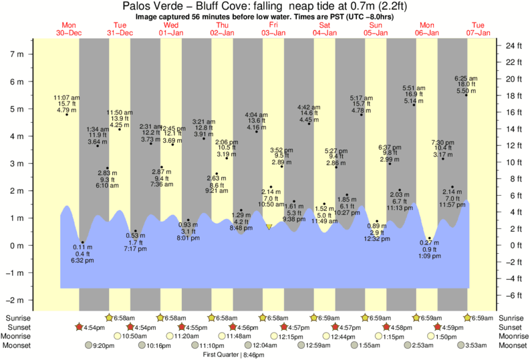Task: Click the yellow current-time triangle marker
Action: [x=269, y=227]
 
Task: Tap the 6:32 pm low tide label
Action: [x=83, y=260]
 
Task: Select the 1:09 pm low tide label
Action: [x=428, y=256]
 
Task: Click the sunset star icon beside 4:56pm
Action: [x=233, y=327]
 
